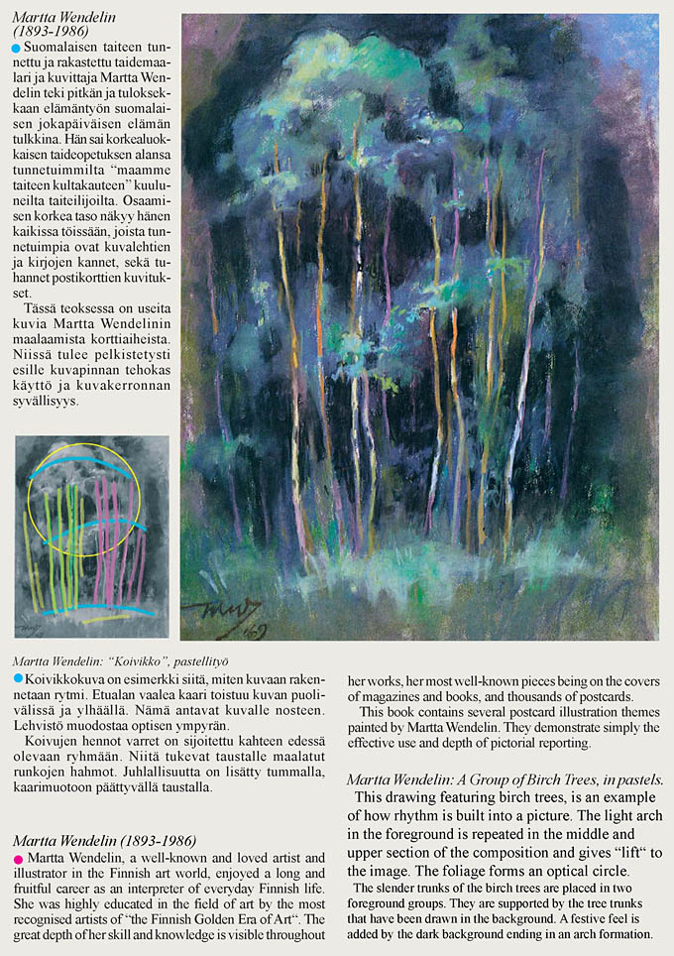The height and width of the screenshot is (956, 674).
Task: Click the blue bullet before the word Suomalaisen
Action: coord(15,48)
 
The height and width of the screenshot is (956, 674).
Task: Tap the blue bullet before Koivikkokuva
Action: coord(18,677)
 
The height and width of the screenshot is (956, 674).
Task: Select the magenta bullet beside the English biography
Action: coord(18,856)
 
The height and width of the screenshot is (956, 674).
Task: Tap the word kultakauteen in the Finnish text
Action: coord(102,184)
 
